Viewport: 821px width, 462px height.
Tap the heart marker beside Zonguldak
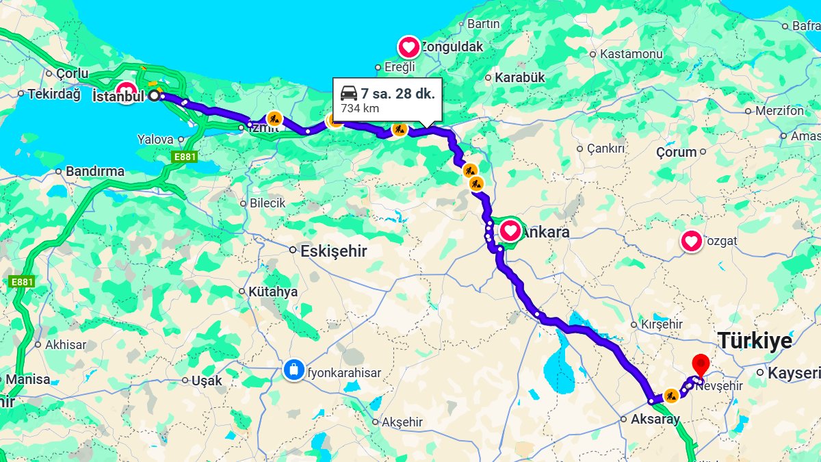point(409,47)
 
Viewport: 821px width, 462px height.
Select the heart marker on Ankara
point(510,231)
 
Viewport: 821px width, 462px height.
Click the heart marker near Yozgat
point(692,241)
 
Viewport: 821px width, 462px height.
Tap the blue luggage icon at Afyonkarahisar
point(294,370)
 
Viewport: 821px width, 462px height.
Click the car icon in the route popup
point(349,94)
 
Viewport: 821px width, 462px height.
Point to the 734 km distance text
point(360,108)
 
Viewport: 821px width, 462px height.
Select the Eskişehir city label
point(334,251)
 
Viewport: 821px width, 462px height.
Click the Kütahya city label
point(273,292)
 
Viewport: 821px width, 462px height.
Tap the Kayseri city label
point(794,373)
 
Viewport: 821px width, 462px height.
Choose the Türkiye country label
point(755,341)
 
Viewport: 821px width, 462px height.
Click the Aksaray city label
point(655,420)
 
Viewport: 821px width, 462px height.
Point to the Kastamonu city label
point(631,53)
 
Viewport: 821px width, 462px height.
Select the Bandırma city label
point(95,171)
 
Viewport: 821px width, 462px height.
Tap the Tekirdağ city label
point(53,94)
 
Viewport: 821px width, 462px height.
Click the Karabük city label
point(519,77)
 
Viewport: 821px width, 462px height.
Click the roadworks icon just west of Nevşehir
point(671,395)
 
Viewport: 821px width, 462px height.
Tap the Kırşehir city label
point(662,324)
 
